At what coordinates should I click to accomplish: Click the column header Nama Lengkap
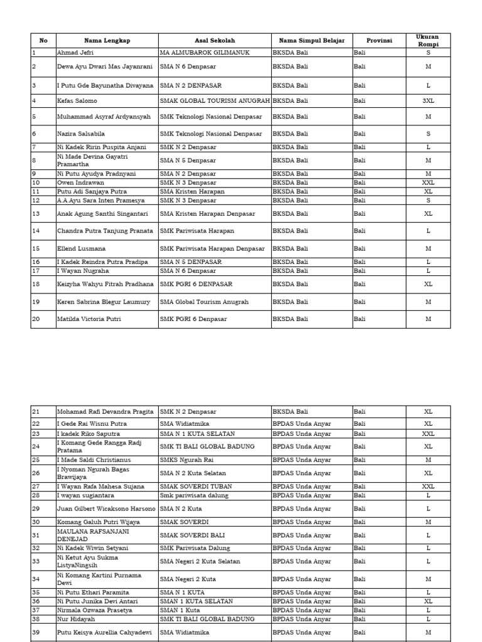(107, 41)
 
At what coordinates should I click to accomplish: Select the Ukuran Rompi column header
(428, 41)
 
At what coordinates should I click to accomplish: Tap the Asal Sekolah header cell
(214, 41)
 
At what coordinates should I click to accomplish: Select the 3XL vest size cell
(428, 100)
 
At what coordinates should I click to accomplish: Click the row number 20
(36, 319)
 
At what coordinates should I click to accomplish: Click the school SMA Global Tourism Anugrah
(204, 302)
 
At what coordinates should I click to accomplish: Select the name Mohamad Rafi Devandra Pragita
(105, 412)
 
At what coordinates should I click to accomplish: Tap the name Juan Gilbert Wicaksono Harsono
(105, 509)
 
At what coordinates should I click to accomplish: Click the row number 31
(36, 535)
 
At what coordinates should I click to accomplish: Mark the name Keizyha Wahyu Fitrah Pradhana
(105, 284)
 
